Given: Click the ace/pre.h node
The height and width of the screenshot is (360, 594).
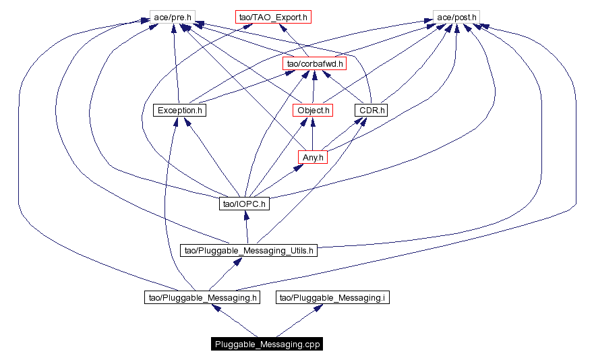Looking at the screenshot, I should [x=168, y=16].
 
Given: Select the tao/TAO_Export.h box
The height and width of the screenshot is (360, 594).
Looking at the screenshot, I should [x=273, y=16].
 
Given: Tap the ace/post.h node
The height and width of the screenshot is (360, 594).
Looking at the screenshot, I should [x=456, y=16].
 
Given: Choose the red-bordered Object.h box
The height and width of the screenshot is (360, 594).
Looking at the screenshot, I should [x=313, y=110].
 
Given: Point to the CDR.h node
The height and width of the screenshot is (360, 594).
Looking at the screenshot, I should [x=371, y=110].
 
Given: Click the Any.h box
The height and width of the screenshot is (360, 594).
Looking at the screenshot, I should [x=313, y=157].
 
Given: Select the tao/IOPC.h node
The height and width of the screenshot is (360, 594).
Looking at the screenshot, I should [x=244, y=204].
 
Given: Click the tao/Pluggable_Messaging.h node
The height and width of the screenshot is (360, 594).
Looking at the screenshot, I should [x=202, y=297].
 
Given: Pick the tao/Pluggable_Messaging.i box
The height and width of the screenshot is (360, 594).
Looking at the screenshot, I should [x=332, y=297].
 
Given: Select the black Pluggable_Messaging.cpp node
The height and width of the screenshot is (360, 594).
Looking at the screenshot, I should [x=266, y=344].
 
